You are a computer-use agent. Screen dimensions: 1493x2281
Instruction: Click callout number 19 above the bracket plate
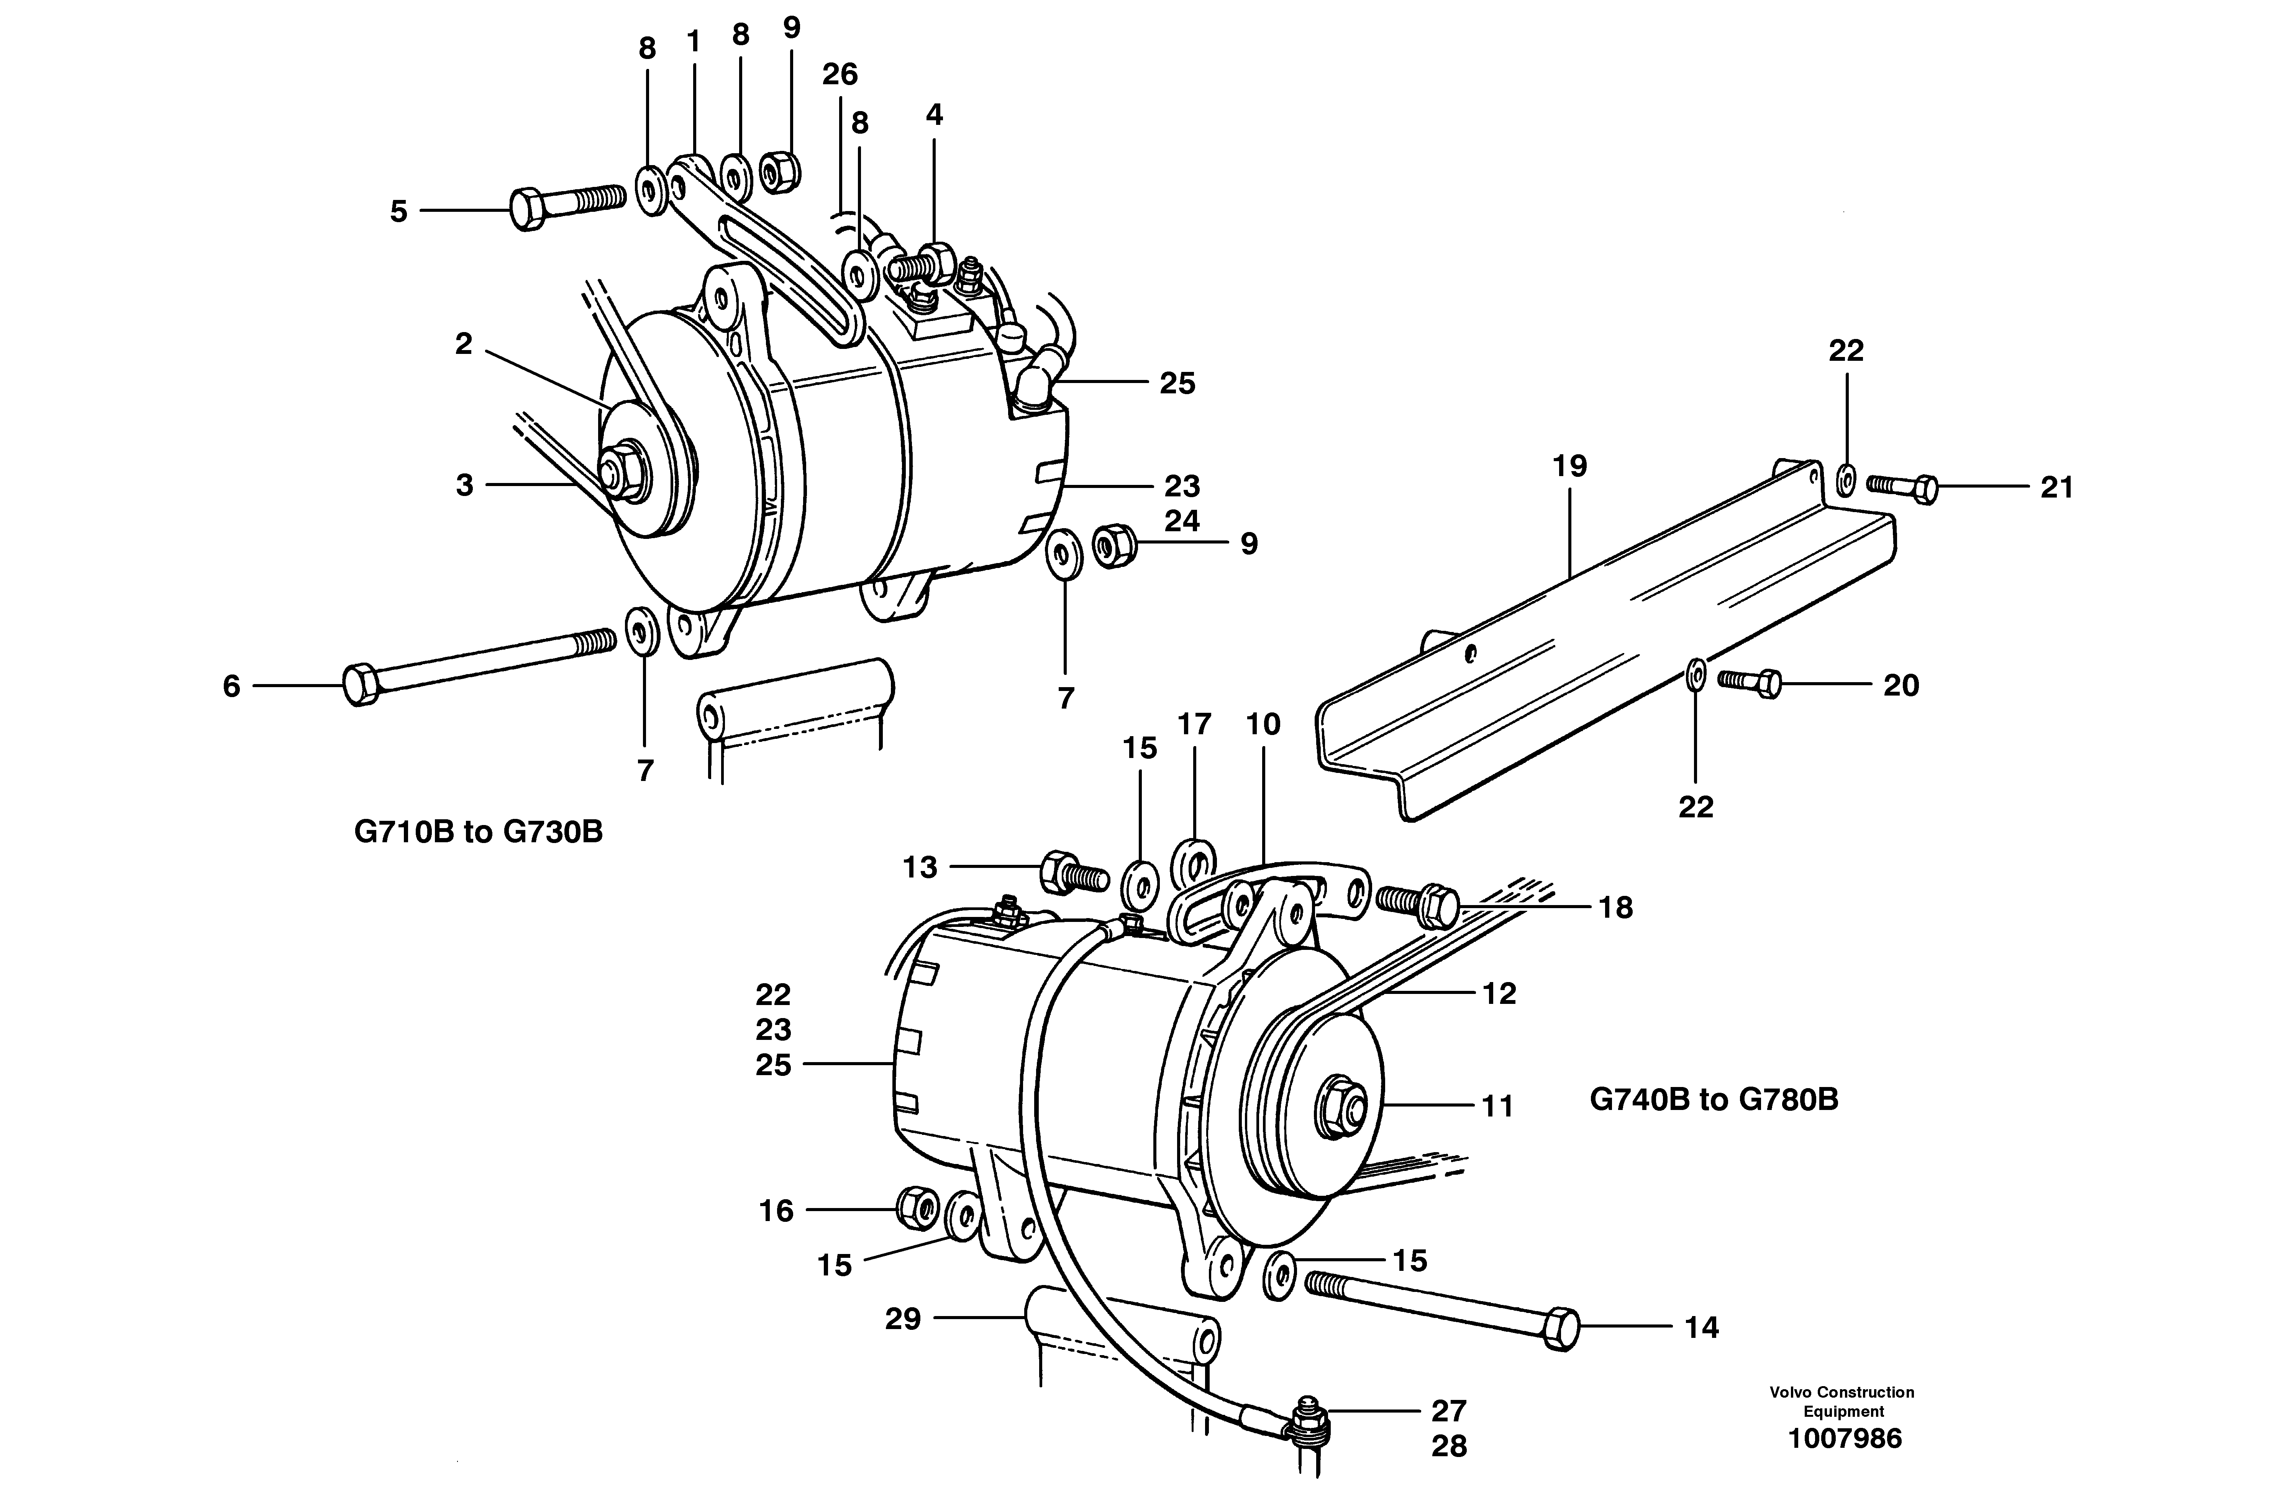tap(1570, 467)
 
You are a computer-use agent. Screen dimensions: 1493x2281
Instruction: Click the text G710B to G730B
tap(478, 832)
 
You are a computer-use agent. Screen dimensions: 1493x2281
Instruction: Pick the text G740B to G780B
tap(1714, 1099)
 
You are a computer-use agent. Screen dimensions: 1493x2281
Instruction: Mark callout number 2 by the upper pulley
tap(464, 344)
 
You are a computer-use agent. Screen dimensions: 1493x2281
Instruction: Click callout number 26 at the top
tap(840, 74)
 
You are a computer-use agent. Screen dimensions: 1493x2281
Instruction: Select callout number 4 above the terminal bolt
tap(935, 115)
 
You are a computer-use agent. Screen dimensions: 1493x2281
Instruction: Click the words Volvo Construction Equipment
tap(1842, 1401)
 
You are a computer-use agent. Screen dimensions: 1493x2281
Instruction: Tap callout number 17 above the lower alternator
tap(1194, 724)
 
